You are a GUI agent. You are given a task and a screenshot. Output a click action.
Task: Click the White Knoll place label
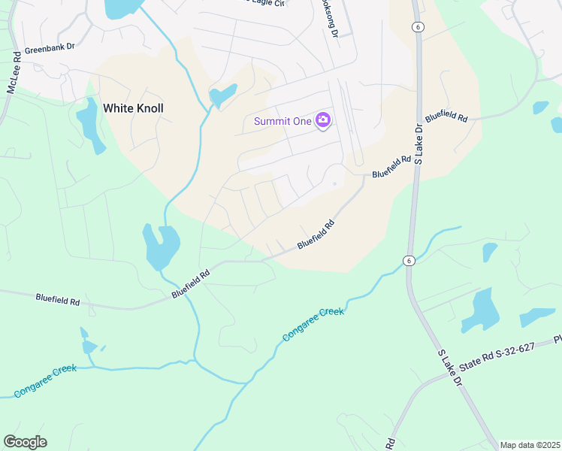[x=133, y=108]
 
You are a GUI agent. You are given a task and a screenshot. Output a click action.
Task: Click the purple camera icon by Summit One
[x=323, y=120]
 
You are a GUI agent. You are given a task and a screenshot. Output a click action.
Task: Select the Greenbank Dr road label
[x=50, y=47]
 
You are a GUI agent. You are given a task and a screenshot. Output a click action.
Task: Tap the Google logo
[x=25, y=442]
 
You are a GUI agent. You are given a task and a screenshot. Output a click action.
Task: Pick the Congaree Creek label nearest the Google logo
[x=44, y=382]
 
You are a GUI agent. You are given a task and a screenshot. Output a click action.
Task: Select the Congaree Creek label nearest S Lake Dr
[x=313, y=322]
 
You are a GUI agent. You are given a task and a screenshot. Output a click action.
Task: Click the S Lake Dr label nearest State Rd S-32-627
[x=448, y=368]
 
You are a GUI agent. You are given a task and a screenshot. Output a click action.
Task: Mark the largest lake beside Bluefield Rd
[x=161, y=246]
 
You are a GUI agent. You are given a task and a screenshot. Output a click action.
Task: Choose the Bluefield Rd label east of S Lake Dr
[x=446, y=118]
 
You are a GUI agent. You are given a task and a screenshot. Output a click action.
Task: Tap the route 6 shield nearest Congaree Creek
[x=408, y=260]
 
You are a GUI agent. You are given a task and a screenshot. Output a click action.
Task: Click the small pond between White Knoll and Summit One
[x=223, y=95]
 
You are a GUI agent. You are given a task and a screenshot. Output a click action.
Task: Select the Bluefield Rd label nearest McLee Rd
[x=58, y=299]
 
